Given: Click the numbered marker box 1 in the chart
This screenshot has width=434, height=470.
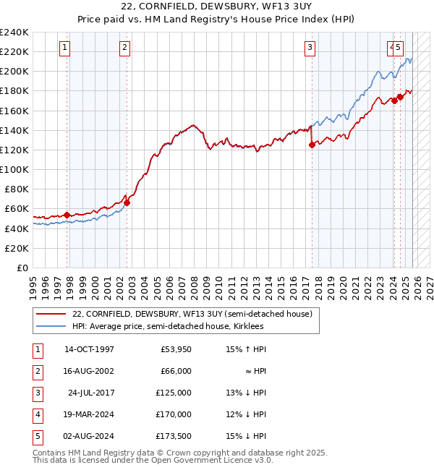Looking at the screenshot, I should pos(64,48).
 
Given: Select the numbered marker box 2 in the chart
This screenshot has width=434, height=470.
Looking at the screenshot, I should pos(124,48).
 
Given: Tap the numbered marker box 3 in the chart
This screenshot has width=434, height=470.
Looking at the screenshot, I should pos(310,48).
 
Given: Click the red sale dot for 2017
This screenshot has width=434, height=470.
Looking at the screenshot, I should pos(312,145).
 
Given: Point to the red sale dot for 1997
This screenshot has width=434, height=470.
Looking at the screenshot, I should pos(67,215).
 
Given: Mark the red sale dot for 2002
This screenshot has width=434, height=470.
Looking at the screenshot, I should pos(127,203).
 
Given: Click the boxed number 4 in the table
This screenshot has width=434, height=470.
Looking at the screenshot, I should pos(37,414).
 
